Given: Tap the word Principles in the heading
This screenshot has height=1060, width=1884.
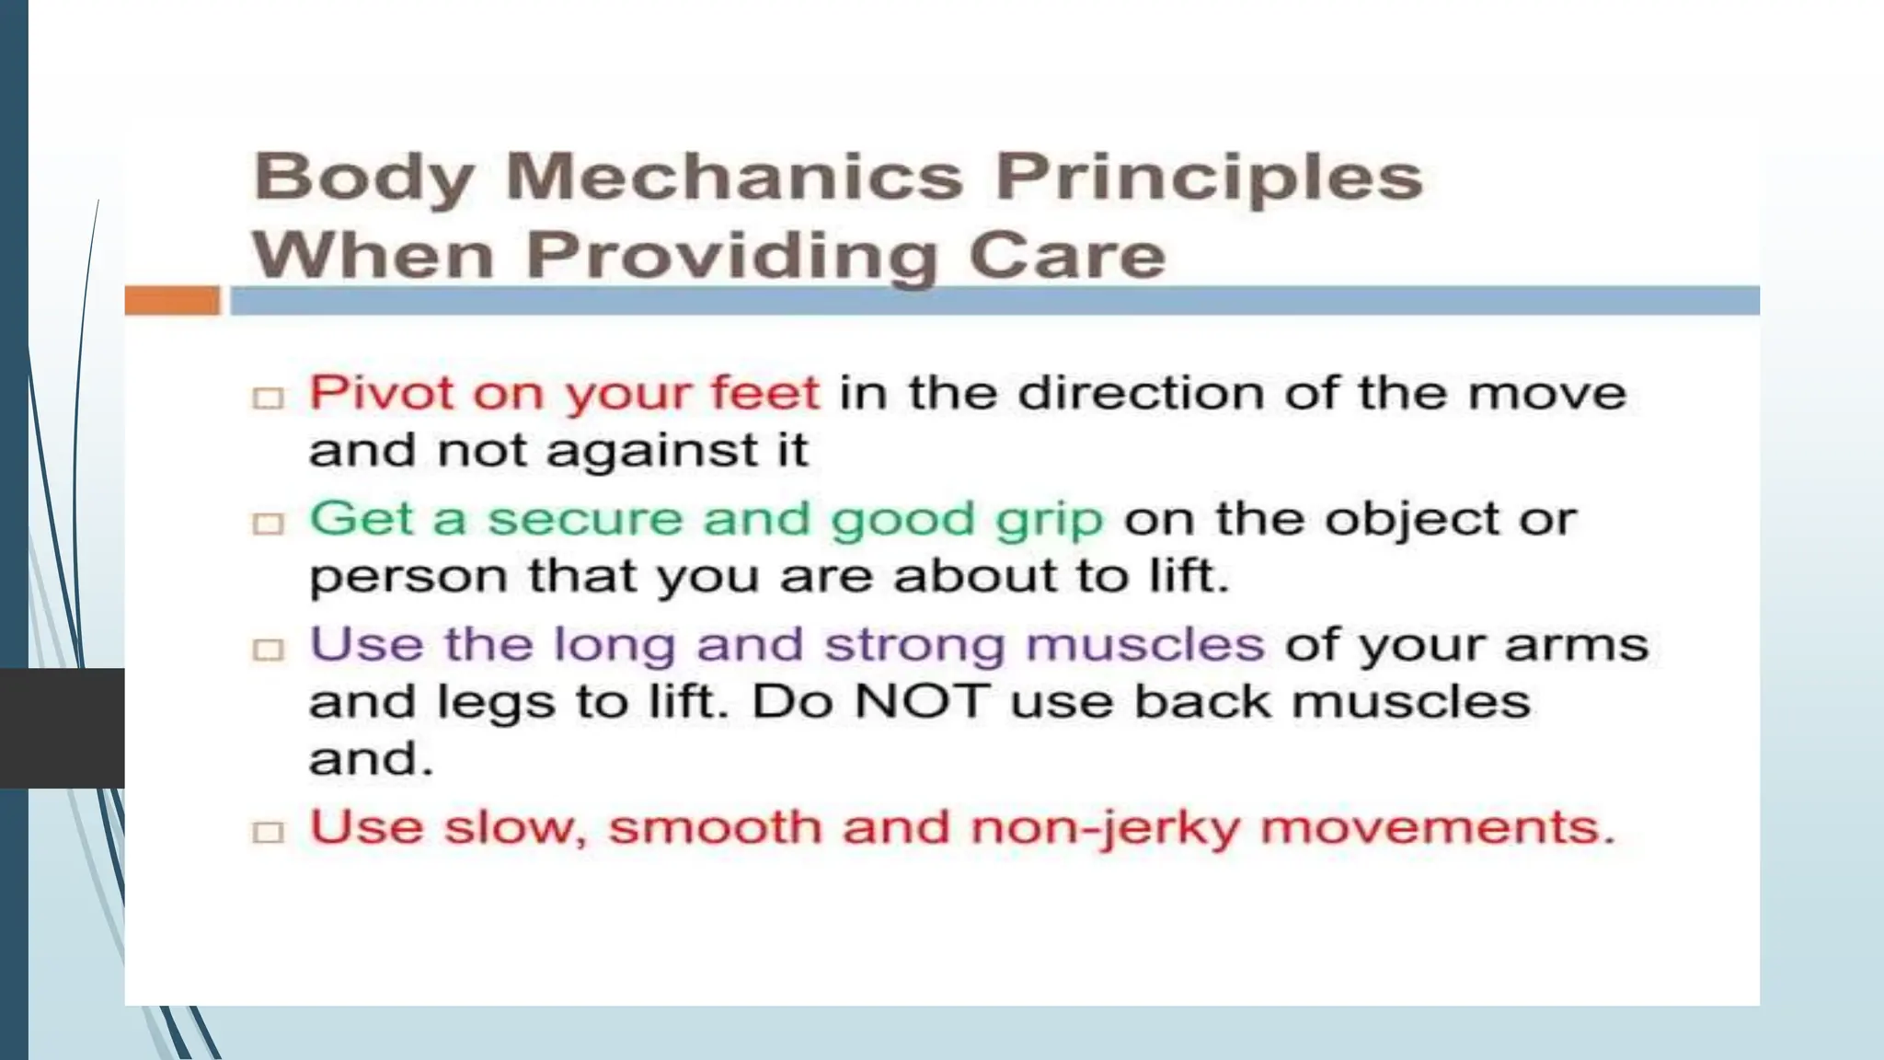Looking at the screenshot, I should (1209, 177).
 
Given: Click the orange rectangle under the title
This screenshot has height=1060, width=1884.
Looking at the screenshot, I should (172, 301).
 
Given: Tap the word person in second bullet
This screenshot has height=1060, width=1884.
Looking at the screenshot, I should (408, 579).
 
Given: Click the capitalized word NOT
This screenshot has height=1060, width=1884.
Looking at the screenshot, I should (921, 702).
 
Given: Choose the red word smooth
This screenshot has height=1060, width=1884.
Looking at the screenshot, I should (714, 827).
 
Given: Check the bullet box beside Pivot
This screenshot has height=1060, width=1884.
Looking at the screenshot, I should (269, 398).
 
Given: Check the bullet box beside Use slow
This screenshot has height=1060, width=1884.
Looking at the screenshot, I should (269, 833).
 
